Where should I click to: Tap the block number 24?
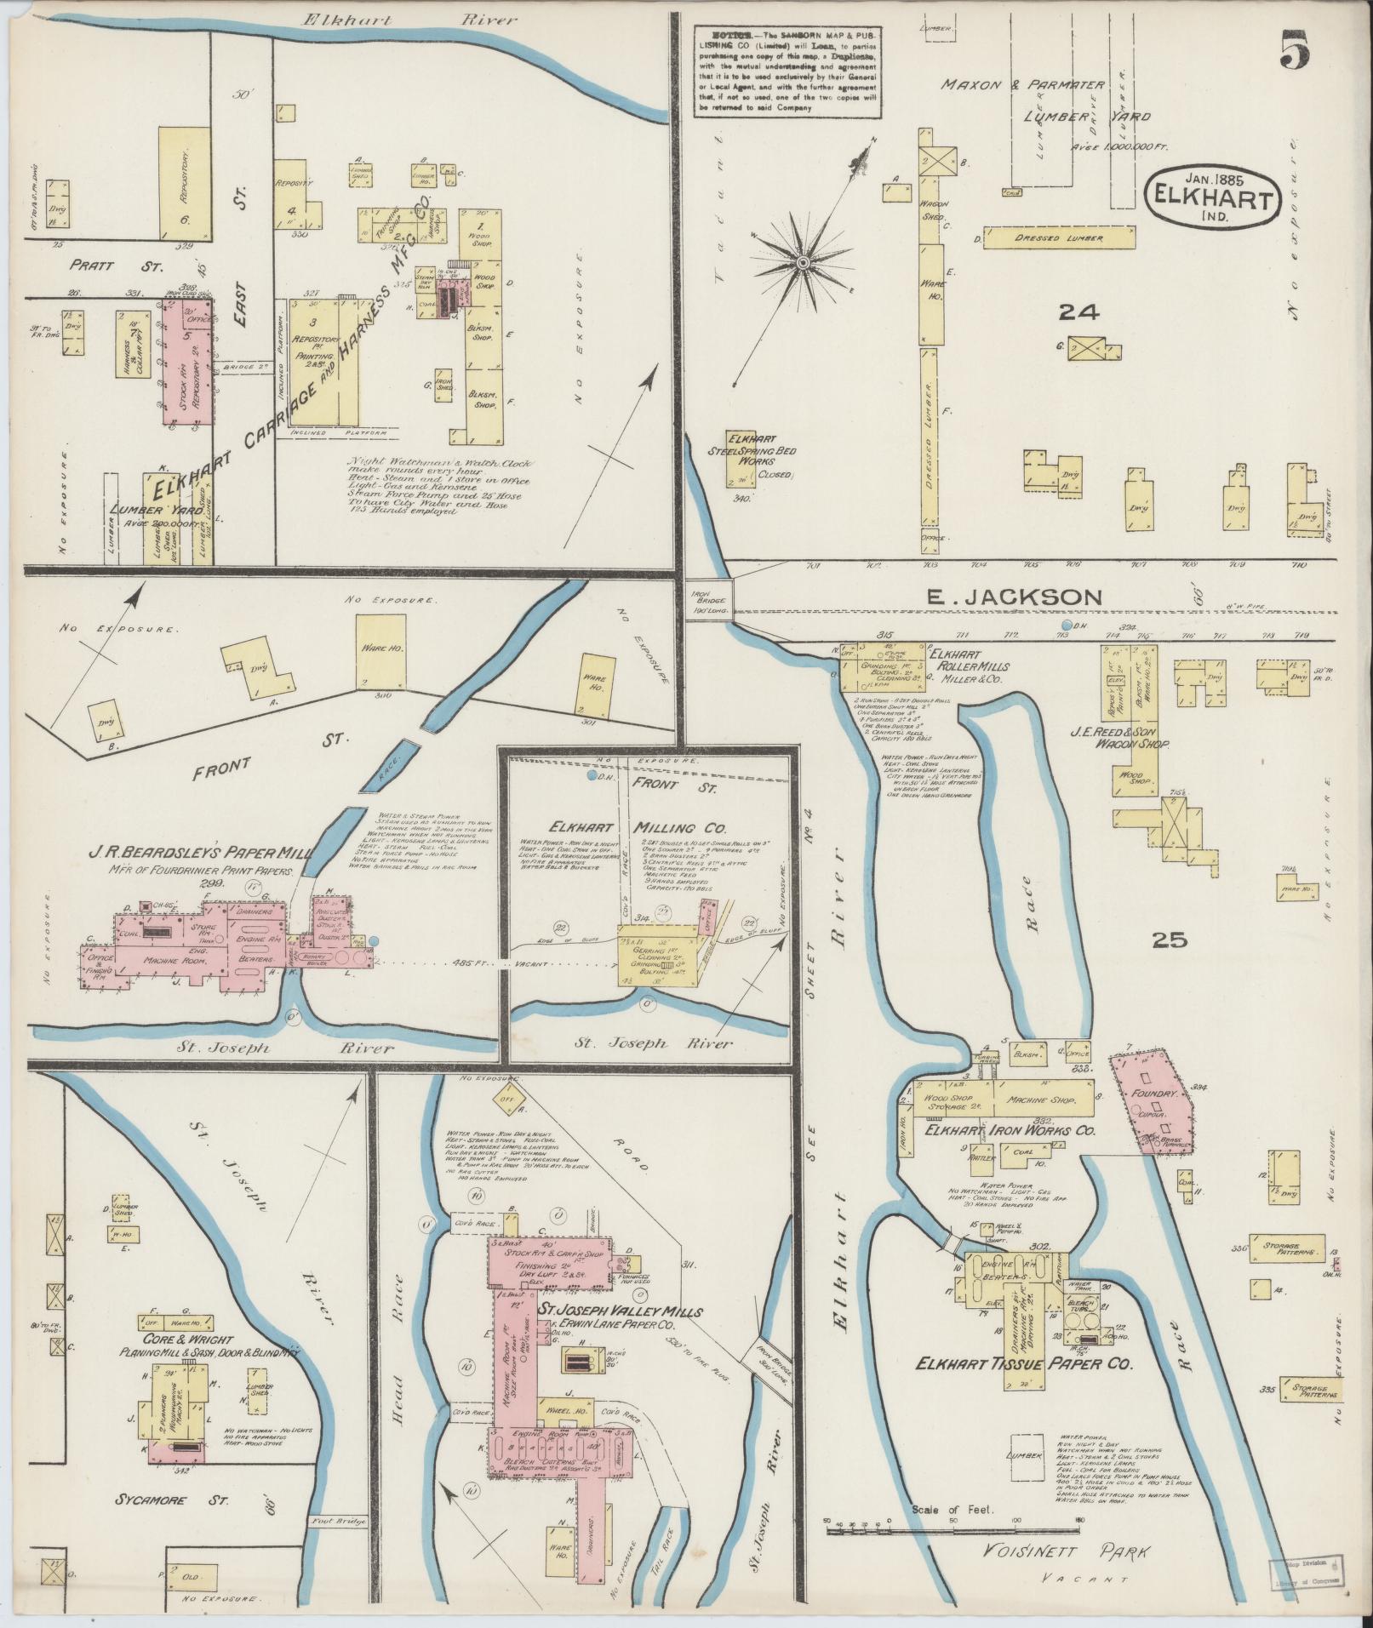1078,313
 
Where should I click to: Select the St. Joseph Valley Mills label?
621,1311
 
